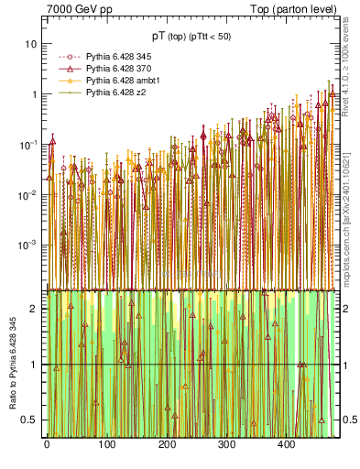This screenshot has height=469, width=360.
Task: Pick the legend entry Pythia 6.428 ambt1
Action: (x=115, y=81)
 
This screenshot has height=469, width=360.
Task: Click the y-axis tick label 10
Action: (x=30, y=44)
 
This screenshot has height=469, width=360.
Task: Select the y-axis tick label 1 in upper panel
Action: (x=34, y=94)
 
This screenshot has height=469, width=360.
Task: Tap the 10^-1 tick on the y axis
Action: (x=28, y=145)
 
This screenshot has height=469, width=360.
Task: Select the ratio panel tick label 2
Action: (x=34, y=309)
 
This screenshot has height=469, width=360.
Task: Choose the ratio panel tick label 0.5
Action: (x=30, y=420)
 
